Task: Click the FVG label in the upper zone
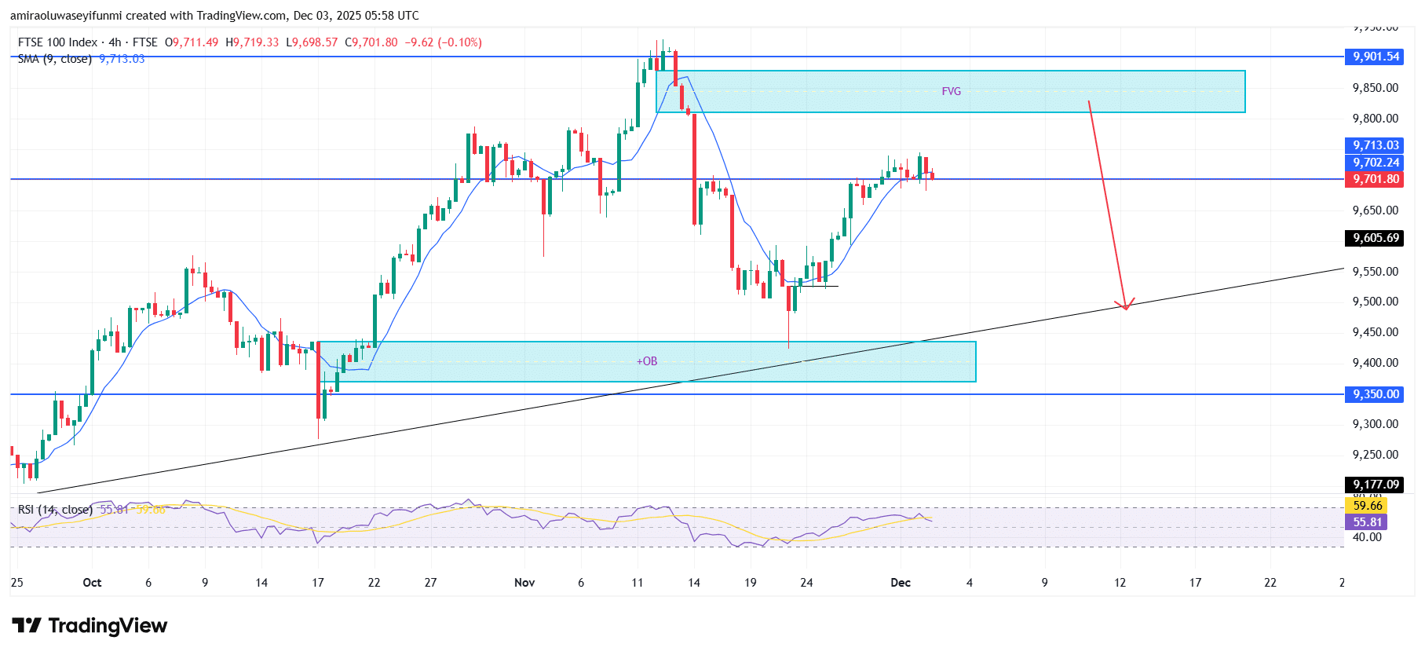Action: click(951, 92)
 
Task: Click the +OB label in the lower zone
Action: click(647, 361)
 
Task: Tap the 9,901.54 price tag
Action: click(1376, 57)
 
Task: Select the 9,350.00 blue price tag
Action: click(1376, 394)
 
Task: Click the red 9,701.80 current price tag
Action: click(1376, 179)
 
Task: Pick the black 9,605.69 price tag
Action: click(1376, 238)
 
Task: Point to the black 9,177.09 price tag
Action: click(1376, 485)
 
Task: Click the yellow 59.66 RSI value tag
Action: click(1367, 506)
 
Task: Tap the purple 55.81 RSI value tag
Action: click(1367, 522)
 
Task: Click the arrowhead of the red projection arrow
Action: click(1125, 306)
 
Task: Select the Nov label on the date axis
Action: click(524, 583)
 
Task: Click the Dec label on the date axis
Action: click(901, 583)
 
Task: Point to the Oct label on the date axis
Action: click(92, 583)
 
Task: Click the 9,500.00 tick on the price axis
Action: click(1375, 302)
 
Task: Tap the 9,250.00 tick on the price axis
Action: click(1375, 455)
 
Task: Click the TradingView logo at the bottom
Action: click(90, 626)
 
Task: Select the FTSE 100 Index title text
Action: click(57, 42)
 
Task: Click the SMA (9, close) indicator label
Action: click(55, 59)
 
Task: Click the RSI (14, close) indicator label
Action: click(55, 510)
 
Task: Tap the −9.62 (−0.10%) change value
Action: click(443, 42)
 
